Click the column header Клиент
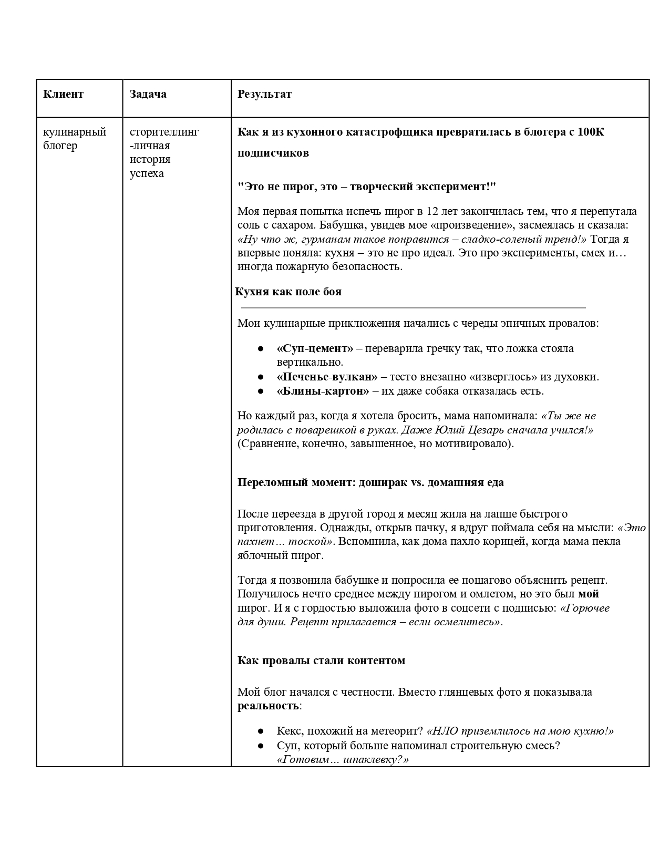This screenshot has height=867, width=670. [x=63, y=94]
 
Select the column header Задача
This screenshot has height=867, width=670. [x=148, y=94]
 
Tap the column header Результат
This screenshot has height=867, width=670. [x=264, y=94]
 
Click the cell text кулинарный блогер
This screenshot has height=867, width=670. [x=74, y=138]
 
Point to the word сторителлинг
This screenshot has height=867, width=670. [x=164, y=131]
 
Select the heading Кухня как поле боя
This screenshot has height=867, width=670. [x=288, y=292]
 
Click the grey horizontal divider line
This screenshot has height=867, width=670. [x=413, y=307]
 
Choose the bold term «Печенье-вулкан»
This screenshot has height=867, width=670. [x=327, y=377]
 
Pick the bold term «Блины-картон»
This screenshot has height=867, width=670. [x=323, y=391]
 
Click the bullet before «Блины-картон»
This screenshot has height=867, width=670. [x=260, y=391]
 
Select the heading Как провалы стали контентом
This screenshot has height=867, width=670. [x=321, y=660]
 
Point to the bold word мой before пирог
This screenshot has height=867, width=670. [x=589, y=594]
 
